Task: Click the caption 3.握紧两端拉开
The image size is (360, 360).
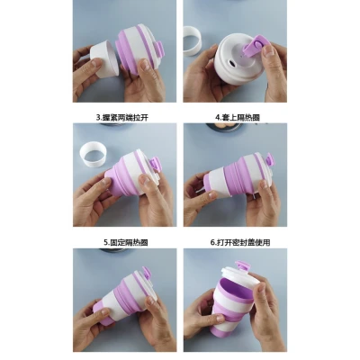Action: coord(122,118)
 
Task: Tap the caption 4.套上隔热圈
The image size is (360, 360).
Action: coord(238,117)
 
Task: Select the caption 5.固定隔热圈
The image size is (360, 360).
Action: coord(126,242)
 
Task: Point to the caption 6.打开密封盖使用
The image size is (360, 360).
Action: coord(240,242)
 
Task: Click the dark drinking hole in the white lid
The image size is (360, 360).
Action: coord(231,63)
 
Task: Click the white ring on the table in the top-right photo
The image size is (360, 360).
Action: coord(193,41)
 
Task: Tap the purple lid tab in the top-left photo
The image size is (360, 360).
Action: coord(159,49)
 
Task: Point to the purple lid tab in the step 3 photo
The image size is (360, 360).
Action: coord(155,165)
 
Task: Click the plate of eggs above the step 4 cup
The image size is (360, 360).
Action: coord(224,126)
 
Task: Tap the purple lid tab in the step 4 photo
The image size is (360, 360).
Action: coord(270,159)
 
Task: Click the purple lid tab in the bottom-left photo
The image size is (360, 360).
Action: coord(147,274)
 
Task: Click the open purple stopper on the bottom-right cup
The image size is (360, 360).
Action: coord(243,265)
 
